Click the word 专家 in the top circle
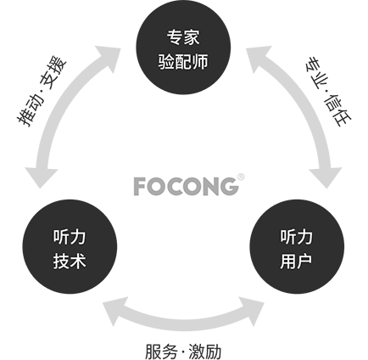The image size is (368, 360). tap(183, 37)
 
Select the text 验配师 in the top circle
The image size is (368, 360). tap(183, 61)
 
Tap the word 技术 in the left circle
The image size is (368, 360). tap(70, 262)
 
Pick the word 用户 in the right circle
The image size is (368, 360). tap(297, 262)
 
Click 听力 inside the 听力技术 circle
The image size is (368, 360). tap(70, 237)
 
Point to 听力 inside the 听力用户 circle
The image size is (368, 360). tap(297, 237)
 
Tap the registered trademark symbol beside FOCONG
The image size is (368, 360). tap(241, 177)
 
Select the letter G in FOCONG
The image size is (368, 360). tap(229, 187)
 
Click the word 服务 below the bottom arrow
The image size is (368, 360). tap(162, 352)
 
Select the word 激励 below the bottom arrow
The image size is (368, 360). tap(205, 352)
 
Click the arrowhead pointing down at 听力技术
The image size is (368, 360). tap(42, 177)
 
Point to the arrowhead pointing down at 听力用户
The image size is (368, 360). tap(326, 177)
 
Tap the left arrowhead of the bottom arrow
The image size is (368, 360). tap(114, 311)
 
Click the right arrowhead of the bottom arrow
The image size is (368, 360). tap(252, 311)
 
